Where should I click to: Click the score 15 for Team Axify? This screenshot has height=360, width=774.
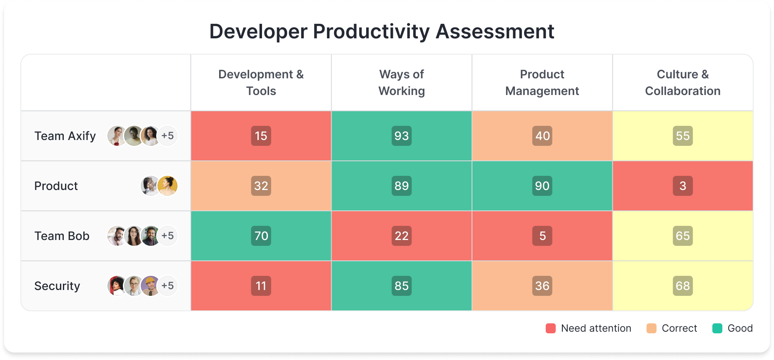[261, 136]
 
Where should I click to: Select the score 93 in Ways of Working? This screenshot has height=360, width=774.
[401, 136]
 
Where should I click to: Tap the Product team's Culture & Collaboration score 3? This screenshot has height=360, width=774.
[682, 186]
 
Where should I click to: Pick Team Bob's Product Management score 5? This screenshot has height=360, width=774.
[542, 236]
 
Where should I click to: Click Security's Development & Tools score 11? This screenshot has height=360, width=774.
[261, 286]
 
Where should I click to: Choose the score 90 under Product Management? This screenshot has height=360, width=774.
[542, 186]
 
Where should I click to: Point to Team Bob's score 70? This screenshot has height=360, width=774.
[261, 236]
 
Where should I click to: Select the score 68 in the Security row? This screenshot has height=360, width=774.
[682, 286]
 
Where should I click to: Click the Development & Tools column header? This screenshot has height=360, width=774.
[261, 82]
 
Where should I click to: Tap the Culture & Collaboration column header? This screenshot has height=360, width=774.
[682, 82]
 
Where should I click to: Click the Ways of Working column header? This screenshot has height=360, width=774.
[401, 82]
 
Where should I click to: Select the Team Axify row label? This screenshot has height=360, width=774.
[65, 136]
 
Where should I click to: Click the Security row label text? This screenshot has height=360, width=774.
[57, 286]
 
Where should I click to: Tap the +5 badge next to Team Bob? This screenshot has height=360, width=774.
[168, 236]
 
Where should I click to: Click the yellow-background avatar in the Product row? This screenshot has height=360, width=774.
[167, 186]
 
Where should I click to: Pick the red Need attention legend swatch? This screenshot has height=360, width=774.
[550, 328]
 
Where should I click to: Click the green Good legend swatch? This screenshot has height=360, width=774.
[717, 328]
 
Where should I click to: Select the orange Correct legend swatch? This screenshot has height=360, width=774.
[651, 328]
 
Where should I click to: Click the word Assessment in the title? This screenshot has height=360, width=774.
[494, 32]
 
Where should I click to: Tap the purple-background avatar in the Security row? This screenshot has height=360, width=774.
[150, 286]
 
